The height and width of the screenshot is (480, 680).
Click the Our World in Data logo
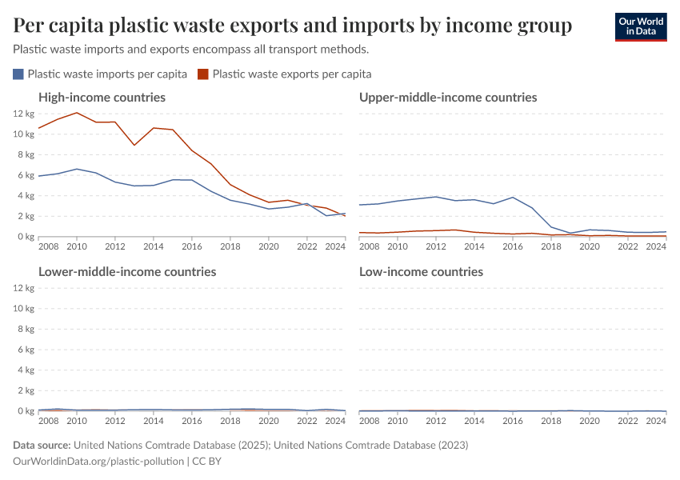tap(641, 26)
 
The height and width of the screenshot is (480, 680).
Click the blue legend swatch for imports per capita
tap(18, 74)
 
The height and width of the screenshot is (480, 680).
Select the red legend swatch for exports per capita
tap(203, 74)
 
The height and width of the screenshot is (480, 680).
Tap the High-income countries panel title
tap(102, 98)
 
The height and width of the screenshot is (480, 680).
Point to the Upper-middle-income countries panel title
tap(448, 98)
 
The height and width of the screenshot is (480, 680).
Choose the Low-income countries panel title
tap(421, 272)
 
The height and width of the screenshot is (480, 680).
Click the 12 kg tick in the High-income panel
tap(23, 114)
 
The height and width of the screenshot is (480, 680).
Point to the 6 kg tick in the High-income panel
tap(26, 175)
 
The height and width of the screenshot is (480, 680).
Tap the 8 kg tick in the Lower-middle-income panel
tap(26, 329)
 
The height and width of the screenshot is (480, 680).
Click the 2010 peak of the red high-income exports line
tap(77, 113)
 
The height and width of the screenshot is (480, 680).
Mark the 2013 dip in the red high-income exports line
tap(134, 145)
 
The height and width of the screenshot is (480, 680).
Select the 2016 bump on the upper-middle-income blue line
tap(513, 197)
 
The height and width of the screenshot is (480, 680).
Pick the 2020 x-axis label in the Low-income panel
tap(590, 421)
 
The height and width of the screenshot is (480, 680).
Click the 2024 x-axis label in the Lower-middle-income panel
tap(336, 421)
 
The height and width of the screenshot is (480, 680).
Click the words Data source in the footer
tap(42, 445)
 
